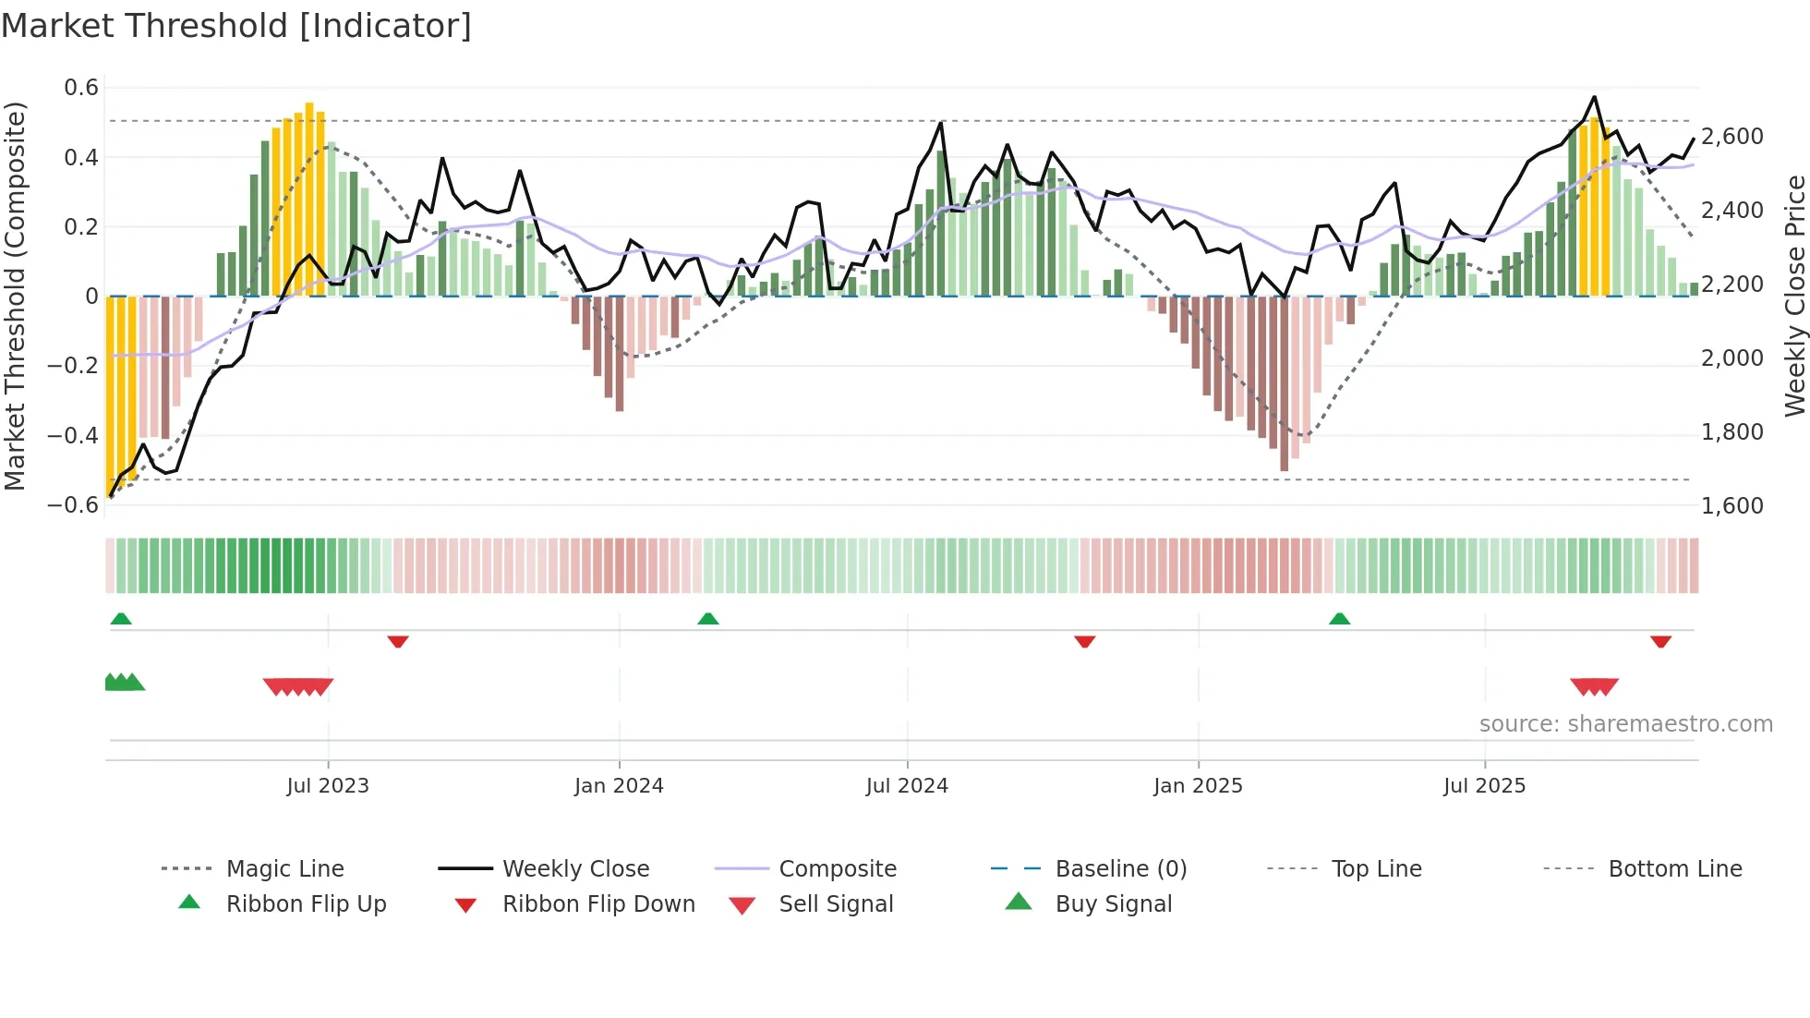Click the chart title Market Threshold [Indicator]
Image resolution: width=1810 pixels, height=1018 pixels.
pyautogui.click(x=236, y=26)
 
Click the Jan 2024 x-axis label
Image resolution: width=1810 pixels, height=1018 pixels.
pyautogui.click(x=619, y=786)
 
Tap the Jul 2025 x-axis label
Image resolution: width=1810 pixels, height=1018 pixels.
pyautogui.click(x=1484, y=786)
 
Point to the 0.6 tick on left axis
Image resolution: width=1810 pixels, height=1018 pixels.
pyautogui.click(x=81, y=88)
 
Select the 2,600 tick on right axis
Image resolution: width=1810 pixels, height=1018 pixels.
pyautogui.click(x=1732, y=137)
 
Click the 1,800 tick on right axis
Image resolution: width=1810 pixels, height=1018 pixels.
pyautogui.click(x=1732, y=432)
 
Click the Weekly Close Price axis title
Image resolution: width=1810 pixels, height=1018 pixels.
pyautogui.click(x=1794, y=296)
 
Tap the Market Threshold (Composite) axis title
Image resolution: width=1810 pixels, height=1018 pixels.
pyautogui.click(x=15, y=296)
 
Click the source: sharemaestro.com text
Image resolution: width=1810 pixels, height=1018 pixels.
pyautogui.click(x=1625, y=724)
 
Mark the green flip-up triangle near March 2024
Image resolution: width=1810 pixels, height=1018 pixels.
pyautogui.click(x=707, y=619)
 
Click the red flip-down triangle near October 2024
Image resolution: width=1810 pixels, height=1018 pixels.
pyautogui.click(x=1084, y=641)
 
